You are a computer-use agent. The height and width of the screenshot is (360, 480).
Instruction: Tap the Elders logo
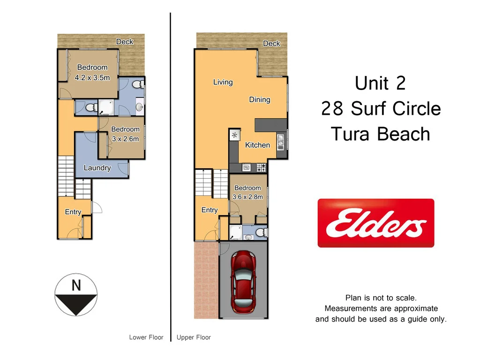(x=376, y=223)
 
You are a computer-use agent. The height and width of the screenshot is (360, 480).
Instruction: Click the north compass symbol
(x=76, y=295)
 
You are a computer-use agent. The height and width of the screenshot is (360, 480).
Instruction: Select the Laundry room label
(x=97, y=168)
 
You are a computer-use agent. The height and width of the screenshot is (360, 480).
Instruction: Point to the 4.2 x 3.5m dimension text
(x=92, y=78)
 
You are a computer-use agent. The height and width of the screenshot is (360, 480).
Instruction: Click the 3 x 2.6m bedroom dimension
(x=125, y=138)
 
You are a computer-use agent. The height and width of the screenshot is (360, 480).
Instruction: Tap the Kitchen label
(x=257, y=145)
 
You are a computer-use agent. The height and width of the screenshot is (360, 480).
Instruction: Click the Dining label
(x=259, y=99)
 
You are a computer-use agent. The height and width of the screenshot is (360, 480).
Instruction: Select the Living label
(x=223, y=82)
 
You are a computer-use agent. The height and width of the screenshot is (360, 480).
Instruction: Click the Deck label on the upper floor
(x=271, y=43)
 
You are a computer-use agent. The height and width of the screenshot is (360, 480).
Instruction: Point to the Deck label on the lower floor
(x=125, y=42)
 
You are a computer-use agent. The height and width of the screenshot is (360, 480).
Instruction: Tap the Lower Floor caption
(x=146, y=337)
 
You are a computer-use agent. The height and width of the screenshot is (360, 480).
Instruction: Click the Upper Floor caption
(x=194, y=337)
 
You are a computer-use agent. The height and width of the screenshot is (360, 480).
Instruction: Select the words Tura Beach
(x=380, y=134)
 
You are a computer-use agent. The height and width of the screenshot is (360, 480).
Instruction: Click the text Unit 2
(x=380, y=83)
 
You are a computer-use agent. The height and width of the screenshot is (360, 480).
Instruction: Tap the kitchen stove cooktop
(x=261, y=167)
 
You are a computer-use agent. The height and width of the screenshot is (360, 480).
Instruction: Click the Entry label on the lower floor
(x=73, y=212)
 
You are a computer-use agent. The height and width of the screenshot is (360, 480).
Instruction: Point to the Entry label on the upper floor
(x=210, y=210)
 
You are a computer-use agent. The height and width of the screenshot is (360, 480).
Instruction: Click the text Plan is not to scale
(x=381, y=298)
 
